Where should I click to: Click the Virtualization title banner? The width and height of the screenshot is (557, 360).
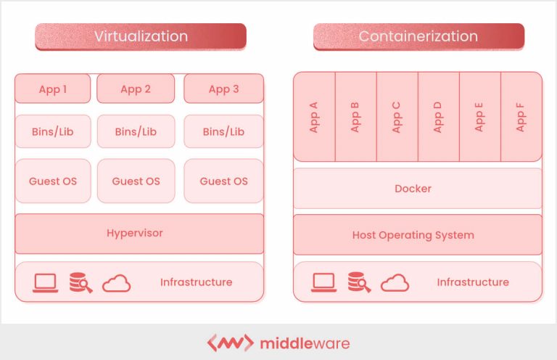[x=141, y=36]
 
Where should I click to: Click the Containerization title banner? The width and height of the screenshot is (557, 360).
[x=418, y=36]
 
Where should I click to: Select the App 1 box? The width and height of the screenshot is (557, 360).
[x=53, y=89]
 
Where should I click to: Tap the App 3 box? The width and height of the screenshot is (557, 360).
[x=223, y=89]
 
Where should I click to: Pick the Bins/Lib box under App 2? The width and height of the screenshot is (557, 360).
[x=136, y=131]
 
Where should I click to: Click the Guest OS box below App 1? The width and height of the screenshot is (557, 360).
[x=53, y=181]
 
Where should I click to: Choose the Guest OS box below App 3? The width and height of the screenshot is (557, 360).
[x=223, y=181]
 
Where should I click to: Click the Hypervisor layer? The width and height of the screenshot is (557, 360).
[x=139, y=233]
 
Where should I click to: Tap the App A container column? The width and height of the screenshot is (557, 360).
[x=314, y=116]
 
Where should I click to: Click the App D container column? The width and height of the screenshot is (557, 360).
[x=438, y=116]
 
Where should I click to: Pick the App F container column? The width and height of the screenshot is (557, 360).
[x=521, y=116]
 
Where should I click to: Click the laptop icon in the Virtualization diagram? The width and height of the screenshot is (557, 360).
[x=45, y=282]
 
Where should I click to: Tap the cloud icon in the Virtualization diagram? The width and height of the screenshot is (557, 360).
[x=116, y=283]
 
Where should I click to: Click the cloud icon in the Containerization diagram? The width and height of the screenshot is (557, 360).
[x=395, y=282]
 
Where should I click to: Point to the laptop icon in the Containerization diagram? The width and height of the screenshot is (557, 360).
[x=323, y=282]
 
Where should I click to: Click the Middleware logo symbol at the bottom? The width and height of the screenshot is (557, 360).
[x=230, y=343]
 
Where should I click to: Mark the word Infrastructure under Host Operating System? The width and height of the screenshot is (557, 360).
[x=473, y=282]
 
